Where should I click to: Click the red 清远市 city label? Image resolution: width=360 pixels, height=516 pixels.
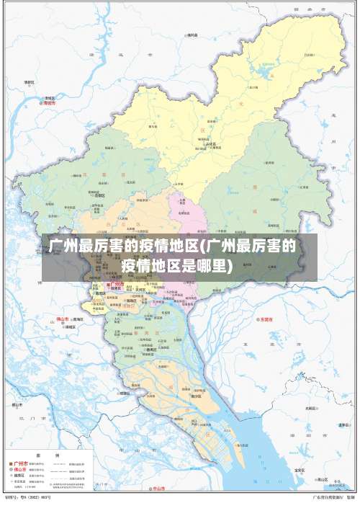click(x=49, y=103)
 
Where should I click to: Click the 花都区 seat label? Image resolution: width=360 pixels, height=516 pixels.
click(x=99, y=195)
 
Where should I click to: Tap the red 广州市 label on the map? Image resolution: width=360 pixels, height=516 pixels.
click(x=115, y=284)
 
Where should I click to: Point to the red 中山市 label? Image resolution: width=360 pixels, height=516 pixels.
click(x=157, y=489)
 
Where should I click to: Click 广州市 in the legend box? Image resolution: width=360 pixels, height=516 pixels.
click(x=21, y=463)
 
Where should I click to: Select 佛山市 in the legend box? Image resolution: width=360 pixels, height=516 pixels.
click(x=21, y=470)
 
